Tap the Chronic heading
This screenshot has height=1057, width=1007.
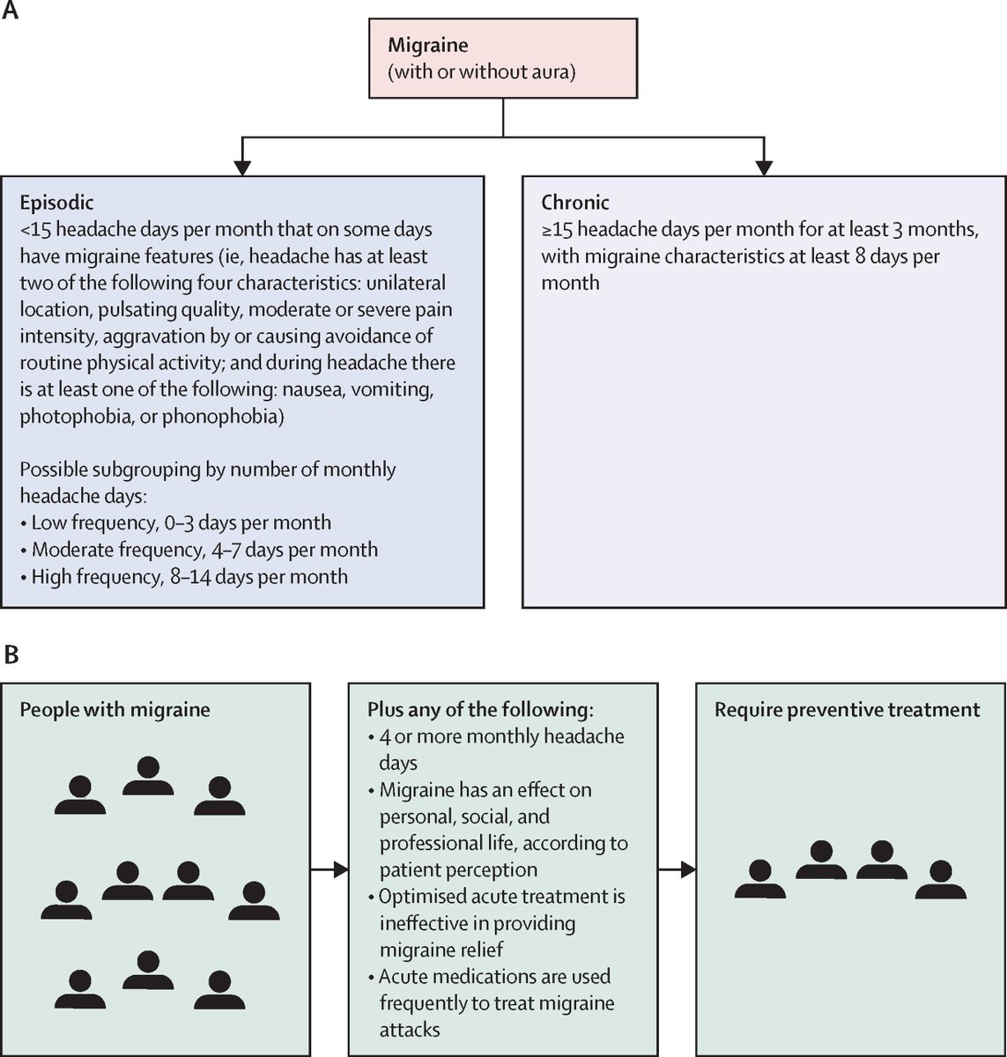tap(575, 203)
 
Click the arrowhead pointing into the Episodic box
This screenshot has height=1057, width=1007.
tap(243, 165)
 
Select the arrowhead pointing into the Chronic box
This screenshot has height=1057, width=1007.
tap(763, 165)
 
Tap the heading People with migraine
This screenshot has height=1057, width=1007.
tap(115, 709)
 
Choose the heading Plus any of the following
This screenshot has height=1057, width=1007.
tap(480, 709)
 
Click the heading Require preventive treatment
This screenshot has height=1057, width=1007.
tap(847, 709)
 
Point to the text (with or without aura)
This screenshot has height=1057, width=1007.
tap(482, 71)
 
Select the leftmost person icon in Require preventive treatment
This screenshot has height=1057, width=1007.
tap(760, 879)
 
